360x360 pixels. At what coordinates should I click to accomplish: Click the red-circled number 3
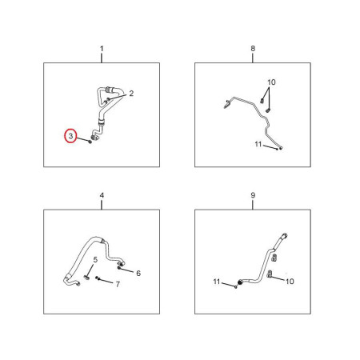point(70,136)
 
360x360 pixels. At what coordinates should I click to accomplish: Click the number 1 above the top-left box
point(102,49)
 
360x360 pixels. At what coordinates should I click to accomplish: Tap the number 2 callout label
point(131,94)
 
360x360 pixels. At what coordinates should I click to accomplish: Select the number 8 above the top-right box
point(253,49)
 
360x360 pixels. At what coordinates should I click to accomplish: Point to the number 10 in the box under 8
point(271,82)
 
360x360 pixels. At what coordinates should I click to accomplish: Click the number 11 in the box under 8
point(258,144)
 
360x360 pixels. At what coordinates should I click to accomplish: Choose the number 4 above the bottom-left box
point(102,195)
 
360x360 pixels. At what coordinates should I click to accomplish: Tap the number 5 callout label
point(95,260)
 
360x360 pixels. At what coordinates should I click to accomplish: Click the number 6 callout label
point(138,273)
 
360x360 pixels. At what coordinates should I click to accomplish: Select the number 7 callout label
point(118,284)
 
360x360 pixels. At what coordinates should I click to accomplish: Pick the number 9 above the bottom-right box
point(253,195)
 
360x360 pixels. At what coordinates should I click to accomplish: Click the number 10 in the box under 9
point(290,282)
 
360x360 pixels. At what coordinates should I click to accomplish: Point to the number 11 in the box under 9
point(217,282)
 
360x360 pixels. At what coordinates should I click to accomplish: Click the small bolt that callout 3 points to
point(90,142)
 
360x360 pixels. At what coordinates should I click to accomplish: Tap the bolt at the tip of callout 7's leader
point(97,278)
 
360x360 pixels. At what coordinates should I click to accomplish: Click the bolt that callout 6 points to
point(119,267)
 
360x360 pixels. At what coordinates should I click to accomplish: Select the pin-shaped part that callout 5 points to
point(87,278)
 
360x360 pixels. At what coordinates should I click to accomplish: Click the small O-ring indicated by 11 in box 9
point(235,287)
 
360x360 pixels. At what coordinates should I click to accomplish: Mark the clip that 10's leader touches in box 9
point(270,274)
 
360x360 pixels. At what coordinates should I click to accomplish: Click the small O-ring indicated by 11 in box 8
point(277,149)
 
